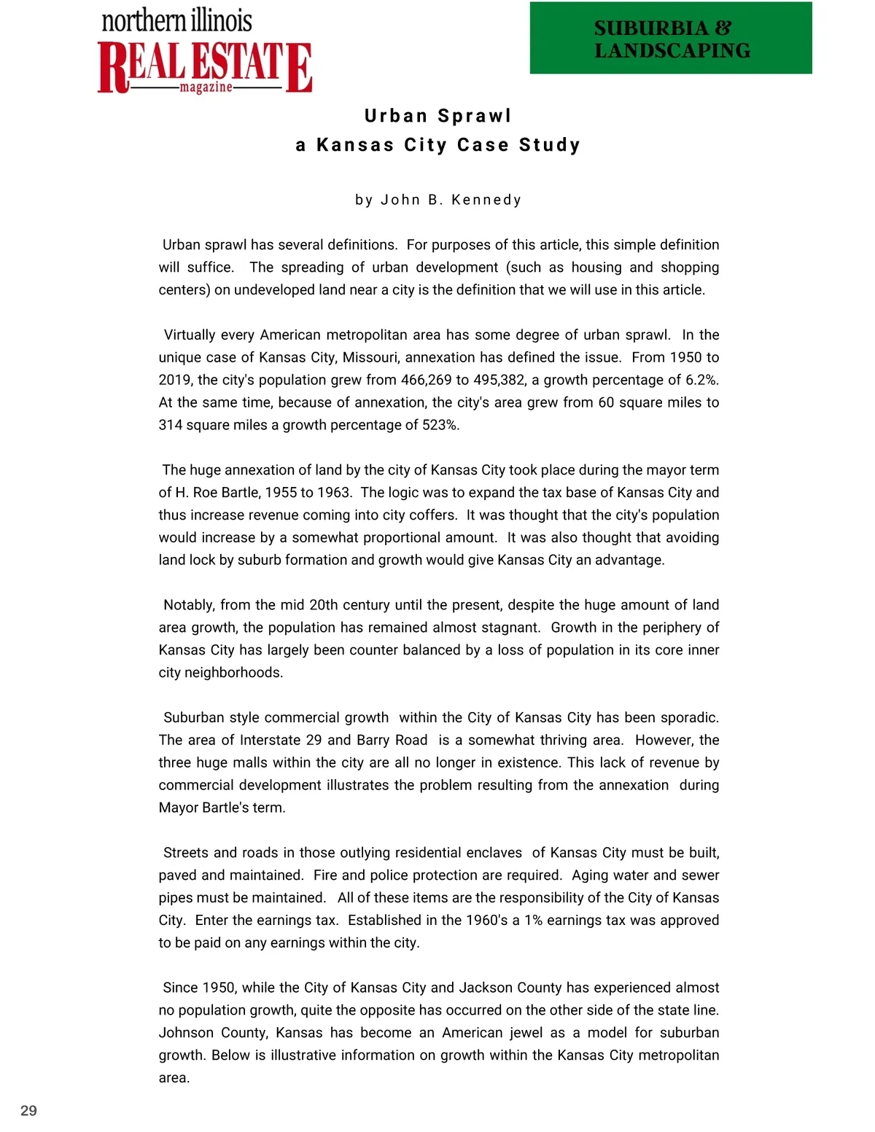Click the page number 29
(28, 1110)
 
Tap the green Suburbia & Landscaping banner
(671, 39)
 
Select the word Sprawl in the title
(474, 116)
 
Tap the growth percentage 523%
(440, 425)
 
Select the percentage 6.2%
(701, 380)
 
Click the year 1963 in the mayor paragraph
(333, 492)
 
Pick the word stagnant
(510, 628)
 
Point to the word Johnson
(186, 1033)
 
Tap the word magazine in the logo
(206, 87)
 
